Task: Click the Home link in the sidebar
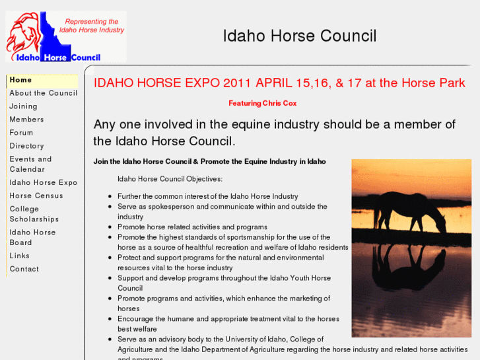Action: [x=20, y=80]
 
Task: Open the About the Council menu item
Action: [x=43, y=93]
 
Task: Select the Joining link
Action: [x=23, y=106]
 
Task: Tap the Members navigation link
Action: [x=26, y=120]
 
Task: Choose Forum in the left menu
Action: [x=21, y=133]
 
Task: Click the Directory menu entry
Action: [x=26, y=146]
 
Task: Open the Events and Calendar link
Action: [x=30, y=164]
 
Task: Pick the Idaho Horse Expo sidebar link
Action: [x=43, y=182]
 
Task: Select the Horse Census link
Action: [x=36, y=196]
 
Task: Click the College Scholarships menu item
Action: [x=34, y=214]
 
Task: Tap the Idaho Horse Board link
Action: [x=32, y=237]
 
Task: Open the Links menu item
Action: [x=19, y=256]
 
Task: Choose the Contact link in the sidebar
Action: [x=24, y=269]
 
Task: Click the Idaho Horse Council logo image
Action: [x=65, y=36]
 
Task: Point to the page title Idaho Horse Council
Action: [x=300, y=36]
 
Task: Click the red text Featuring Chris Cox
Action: [x=262, y=103]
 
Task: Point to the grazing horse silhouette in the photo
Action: [x=412, y=212]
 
